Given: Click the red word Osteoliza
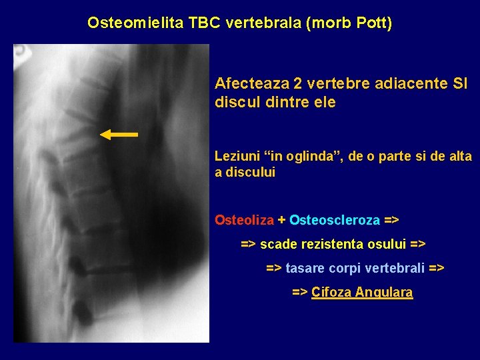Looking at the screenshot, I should point(244,220).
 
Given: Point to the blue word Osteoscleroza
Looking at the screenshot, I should point(335,220).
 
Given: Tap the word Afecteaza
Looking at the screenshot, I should point(251,84).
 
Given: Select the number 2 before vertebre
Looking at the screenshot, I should point(297,84).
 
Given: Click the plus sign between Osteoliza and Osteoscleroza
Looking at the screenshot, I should point(281,220).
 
